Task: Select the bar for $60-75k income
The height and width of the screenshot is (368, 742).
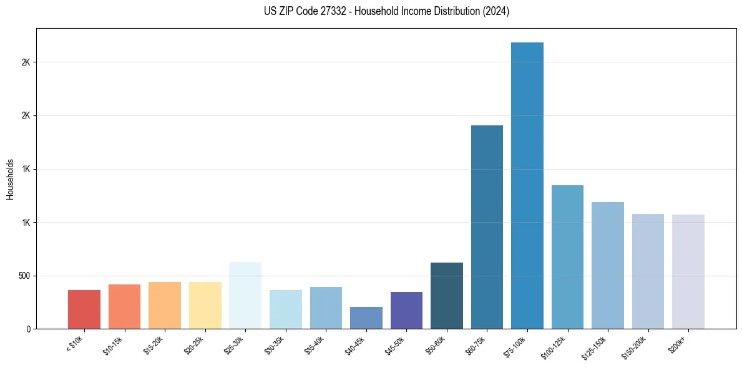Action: (x=487, y=227)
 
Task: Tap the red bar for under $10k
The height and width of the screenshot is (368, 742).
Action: (x=84, y=309)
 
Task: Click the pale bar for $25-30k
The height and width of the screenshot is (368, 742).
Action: (x=245, y=296)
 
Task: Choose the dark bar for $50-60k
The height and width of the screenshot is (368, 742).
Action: (x=446, y=296)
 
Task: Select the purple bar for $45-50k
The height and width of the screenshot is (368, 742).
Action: (x=406, y=311)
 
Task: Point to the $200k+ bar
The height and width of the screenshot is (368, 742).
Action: (x=688, y=272)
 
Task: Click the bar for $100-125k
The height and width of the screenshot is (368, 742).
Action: (x=567, y=257)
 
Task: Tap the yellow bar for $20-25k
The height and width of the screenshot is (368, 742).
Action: (x=205, y=306)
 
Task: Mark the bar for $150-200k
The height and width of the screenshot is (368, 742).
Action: (x=648, y=271)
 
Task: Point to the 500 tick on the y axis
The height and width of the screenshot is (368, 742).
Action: (x=23, y=276)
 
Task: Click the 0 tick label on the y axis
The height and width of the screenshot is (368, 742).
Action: (x=29, y=329)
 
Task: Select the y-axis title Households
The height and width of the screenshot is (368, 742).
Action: (x=10, y=179)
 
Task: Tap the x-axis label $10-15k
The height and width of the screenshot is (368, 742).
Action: (x=113, y=345)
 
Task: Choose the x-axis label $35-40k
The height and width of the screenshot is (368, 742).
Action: (x=315, y=345)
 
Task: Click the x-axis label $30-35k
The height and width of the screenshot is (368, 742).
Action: (x=274, y=345)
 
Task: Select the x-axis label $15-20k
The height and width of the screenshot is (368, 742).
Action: (x=154, y=345)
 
